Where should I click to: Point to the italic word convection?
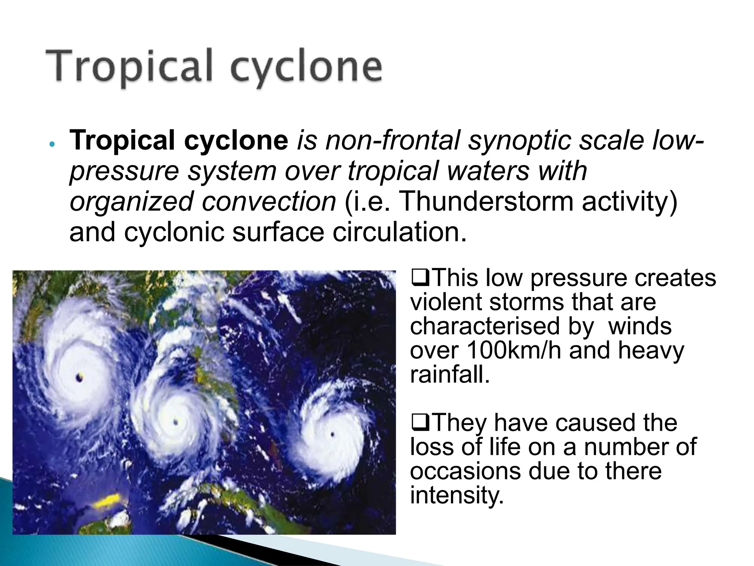click(269, 202)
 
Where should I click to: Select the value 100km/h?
click(514, 351)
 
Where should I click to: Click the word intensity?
click(457, 495)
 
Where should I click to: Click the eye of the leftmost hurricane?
click(80, 377)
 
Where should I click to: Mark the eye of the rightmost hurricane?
click(332, 435)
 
